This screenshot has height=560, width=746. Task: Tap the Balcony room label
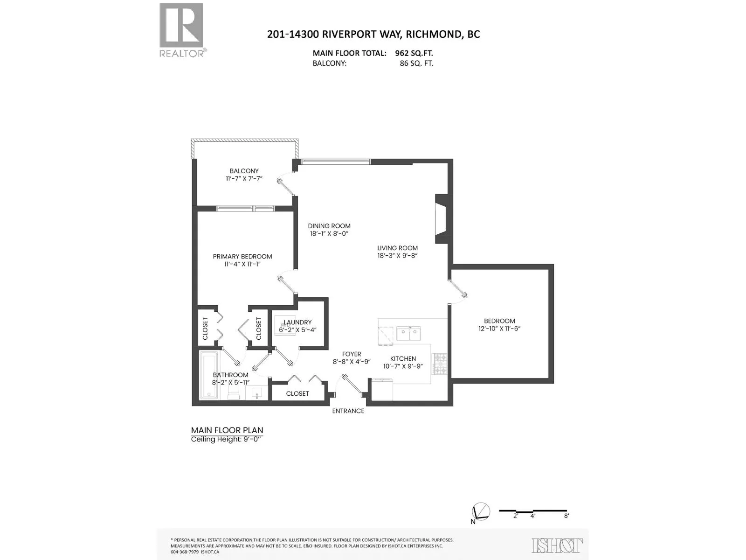coord(244,171)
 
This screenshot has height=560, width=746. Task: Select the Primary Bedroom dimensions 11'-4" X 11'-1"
coord(242,264)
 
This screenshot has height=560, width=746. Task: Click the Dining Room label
coord(329,226)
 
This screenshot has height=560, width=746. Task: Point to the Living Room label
coord(397,248)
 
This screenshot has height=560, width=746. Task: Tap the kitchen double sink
coord(408,333)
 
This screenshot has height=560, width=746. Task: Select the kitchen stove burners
coord(440,364)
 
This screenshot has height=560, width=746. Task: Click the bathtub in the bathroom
coord(209,375)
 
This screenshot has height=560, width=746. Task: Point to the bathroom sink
coord(256,393)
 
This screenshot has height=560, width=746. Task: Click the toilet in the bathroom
coord(234,394)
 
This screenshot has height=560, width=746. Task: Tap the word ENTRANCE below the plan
coord(348,411)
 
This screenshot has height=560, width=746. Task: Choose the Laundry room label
coord(297,322)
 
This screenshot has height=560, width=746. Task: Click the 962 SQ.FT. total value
coord(414,53)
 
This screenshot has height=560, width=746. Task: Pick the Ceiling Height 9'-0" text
coord(228,439)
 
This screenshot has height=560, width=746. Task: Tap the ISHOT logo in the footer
coord(557,546)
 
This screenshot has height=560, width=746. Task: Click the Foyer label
coord(352,354)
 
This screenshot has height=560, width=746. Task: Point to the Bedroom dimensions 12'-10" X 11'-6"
coord(500,329)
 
